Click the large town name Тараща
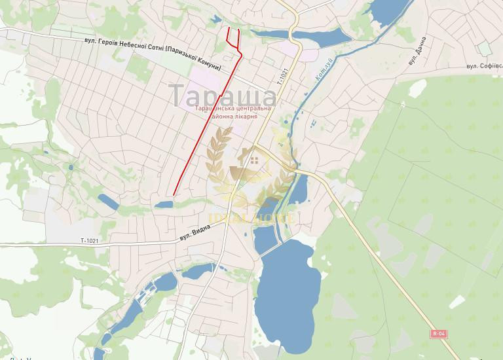(x=223, y=93)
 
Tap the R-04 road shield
(x=439, y=334)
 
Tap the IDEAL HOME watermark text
(x=252, y=216)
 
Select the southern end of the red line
(x=174, y=194)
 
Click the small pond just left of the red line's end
(x=164, y=205)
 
